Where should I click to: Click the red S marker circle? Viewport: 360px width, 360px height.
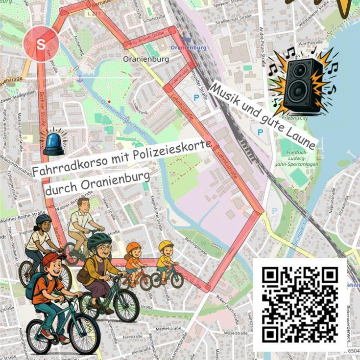(41, 44)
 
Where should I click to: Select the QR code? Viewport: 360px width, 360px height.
(300, 305)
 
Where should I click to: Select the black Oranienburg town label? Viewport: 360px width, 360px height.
(145, 59)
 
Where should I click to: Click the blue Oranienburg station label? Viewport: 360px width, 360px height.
(188, 48)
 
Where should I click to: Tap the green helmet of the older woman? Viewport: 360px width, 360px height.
(99, 239)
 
